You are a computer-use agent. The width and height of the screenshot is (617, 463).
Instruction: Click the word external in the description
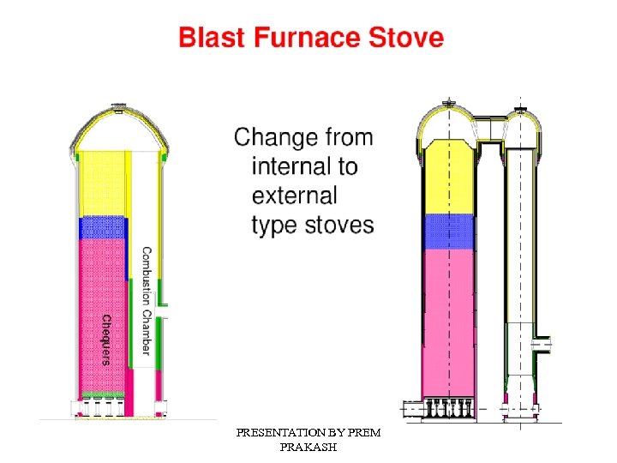(295, 195)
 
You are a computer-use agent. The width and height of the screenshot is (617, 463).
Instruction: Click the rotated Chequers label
(106, 340)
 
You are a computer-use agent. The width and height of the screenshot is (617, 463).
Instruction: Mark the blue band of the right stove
(448, 231)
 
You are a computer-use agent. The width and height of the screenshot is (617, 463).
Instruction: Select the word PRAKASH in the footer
(308, 448)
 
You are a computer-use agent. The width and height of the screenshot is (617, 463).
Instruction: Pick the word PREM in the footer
(363, 434)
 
